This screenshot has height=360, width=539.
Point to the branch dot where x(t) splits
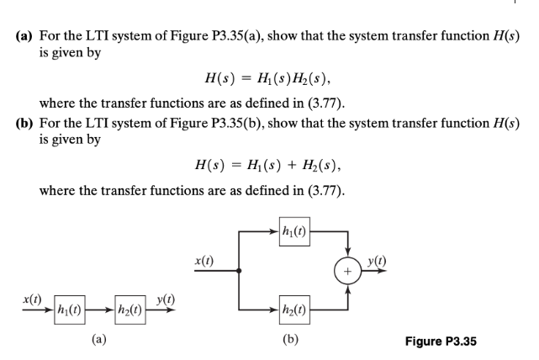tap(241, 271)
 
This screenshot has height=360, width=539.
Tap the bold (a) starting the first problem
tap(26, 37)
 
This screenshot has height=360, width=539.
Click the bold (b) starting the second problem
tap(26, 122)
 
